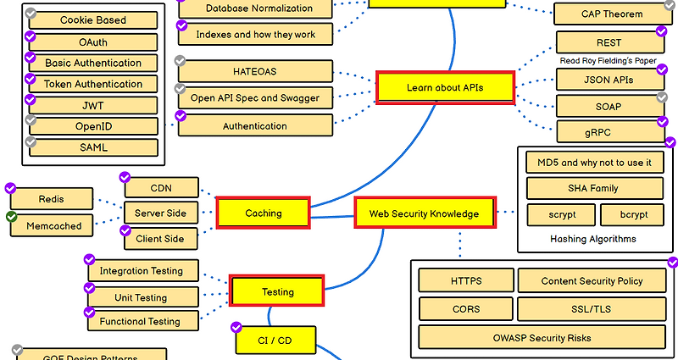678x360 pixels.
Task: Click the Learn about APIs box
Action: (445, 87)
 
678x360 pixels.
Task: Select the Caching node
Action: (263, 213)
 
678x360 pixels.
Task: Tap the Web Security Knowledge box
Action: (423, 213)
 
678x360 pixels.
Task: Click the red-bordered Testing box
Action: (277, 291)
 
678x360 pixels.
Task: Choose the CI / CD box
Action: (275, 341)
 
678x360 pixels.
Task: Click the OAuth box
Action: (93, 42)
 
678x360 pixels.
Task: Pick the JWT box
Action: (93, 105)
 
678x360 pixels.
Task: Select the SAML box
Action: (93, 147)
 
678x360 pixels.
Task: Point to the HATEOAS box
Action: (254, 70)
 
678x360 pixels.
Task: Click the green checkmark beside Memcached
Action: (12, 218)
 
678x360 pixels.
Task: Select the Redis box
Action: (51, 199)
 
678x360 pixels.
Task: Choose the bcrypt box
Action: (632, 214)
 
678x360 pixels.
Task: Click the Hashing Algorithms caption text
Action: (592, 239)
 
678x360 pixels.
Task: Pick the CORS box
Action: (466, 309)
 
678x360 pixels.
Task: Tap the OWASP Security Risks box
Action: (542, 338)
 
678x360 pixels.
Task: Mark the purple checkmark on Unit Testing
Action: (91, 288)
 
